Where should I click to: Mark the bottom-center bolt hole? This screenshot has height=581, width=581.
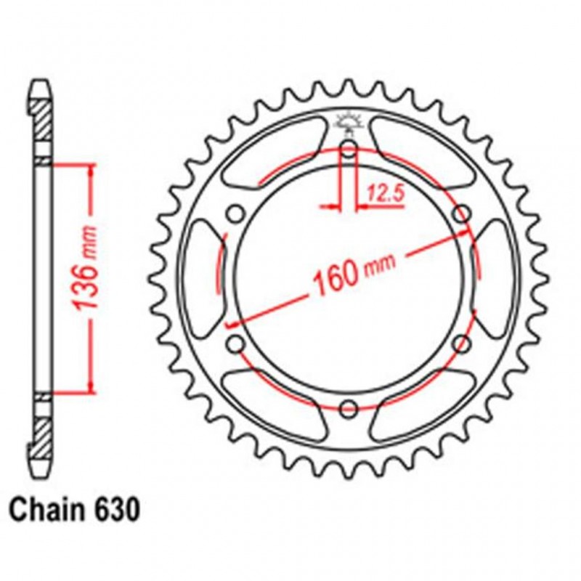pos(349,407)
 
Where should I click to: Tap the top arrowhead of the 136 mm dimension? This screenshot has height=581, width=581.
pos(90,169)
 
